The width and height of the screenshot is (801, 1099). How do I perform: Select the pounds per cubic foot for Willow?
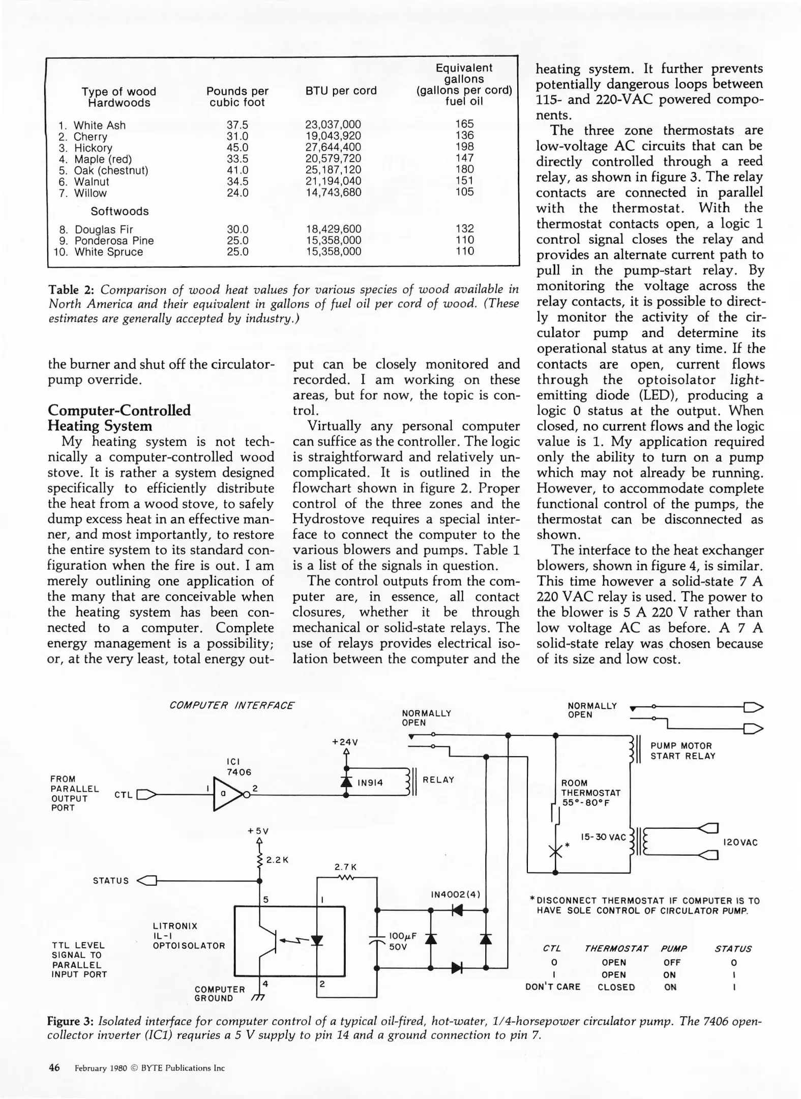[x=237, y=193]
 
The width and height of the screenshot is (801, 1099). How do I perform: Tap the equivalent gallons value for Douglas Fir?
[x=464, y=229]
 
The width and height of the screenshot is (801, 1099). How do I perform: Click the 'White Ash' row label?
[x=99, y=125]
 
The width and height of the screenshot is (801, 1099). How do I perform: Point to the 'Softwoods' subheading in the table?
[x=120, y=211]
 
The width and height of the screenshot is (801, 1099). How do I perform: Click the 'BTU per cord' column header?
[x=341, y=91]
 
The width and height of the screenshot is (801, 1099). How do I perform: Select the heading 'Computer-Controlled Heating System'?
[x=119, y=418]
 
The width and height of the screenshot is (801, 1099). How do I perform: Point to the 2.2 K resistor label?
[x=278, y=860]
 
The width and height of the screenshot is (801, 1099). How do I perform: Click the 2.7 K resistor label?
[x=345, y=866]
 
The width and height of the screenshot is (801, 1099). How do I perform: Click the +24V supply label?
[x=345, y=742]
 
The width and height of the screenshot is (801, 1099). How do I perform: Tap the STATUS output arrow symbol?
[x=147, y=881]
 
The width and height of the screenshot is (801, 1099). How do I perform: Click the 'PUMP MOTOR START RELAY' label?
[x=683, y=751]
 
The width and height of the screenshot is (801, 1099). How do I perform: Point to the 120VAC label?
[x=740, y=843]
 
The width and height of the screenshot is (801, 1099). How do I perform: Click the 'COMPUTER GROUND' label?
[x=219, y=994]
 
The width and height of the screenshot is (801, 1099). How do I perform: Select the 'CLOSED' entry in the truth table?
[x=616, y=988]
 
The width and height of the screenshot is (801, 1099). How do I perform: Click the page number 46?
[x=54, y=1067]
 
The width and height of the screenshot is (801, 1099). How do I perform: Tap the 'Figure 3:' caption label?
[x=70, y=1021]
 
